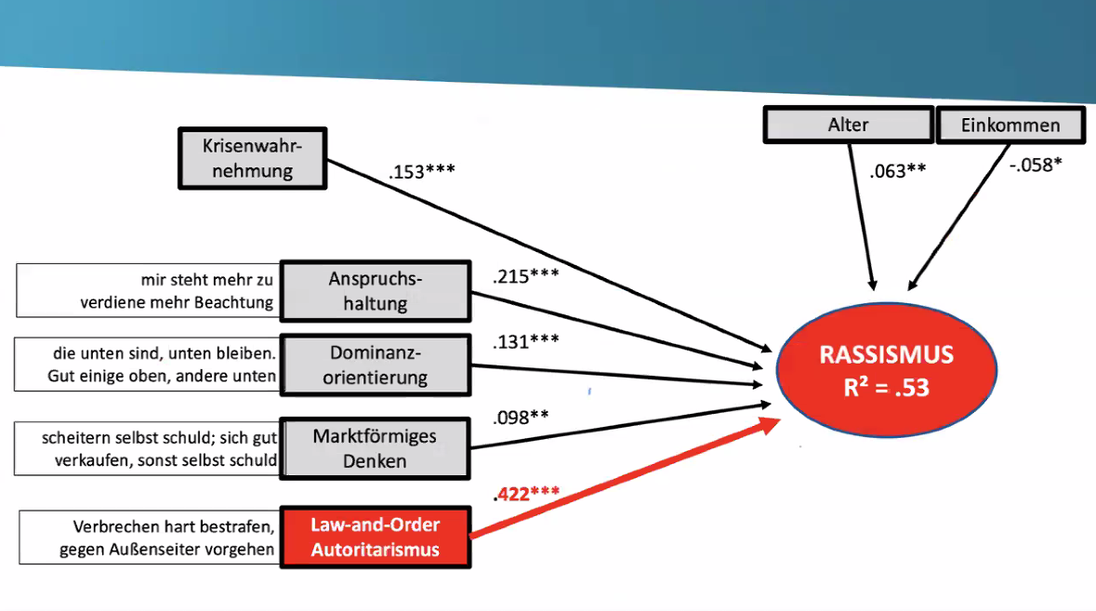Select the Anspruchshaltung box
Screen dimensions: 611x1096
point(375,291)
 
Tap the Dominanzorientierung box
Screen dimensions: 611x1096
point(375,364)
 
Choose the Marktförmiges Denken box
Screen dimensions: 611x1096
point(375,448)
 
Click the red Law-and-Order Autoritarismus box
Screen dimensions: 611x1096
point(375,538)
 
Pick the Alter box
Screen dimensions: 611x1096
point(847,125)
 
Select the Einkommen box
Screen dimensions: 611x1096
point(1010,126)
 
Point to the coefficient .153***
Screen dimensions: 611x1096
point(421,172)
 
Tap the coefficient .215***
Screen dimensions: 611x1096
point(526,276)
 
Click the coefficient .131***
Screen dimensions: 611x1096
point(526,340)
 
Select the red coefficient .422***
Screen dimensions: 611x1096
point(526,494)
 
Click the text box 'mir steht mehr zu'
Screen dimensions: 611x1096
point(149,290)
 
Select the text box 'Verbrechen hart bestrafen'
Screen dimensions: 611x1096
point(149,538)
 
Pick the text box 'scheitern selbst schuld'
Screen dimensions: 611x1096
point(149,448)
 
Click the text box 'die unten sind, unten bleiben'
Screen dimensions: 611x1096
point(149,364)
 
